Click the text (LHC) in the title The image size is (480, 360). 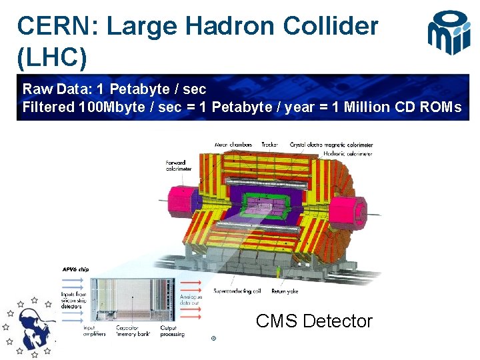[52, 58]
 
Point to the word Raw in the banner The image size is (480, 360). [35, 89]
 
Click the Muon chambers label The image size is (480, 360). [234, 144]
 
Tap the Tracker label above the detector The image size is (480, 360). [270, 144]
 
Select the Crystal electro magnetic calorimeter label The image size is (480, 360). [331, 144]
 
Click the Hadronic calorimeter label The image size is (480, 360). [349, 154]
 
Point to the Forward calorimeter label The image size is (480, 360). [178, 166]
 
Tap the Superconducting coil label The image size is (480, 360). [237, 291]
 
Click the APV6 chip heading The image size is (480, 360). [75, 269]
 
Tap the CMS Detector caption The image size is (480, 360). [314, 321]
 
